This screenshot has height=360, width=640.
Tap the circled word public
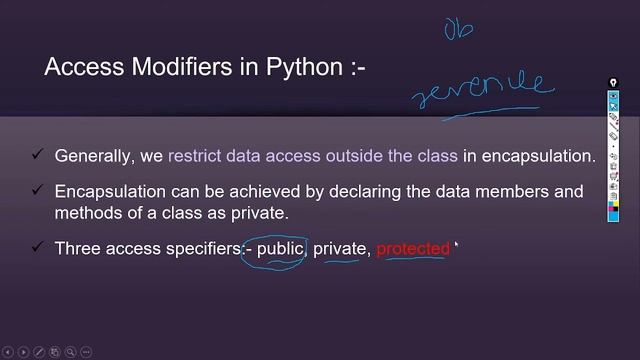point(279,248)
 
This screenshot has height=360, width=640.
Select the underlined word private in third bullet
point(340,248)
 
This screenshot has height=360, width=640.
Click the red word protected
point(413,248)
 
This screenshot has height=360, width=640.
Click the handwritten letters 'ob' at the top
point(459,29)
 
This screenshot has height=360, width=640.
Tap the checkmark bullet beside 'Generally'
point(37,155)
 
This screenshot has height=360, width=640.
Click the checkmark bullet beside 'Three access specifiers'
point(37,247)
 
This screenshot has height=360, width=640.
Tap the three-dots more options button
point(87,352)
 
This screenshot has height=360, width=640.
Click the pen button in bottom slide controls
point(39,352)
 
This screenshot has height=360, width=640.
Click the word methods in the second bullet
point(87,213)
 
